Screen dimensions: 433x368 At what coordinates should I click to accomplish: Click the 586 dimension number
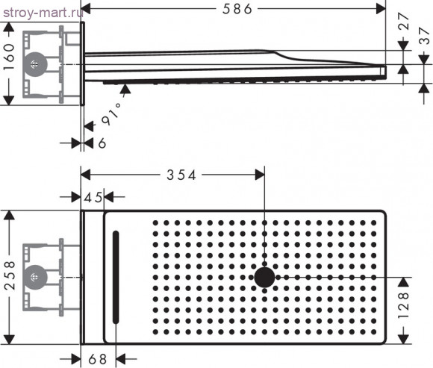click(x=237, y=9)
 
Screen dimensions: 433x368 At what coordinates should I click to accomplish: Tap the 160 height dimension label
click(x=8, y=57)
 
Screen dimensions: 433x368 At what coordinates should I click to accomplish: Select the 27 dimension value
click(x=404, y=21)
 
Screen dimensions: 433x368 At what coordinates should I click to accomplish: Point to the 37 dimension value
click(x=424, y=36)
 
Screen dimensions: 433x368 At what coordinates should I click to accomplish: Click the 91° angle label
click(x=111, y=114)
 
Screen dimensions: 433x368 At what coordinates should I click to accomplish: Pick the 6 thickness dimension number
click(x=102, y=143)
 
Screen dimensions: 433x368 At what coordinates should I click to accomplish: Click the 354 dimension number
click(x=181, y=175)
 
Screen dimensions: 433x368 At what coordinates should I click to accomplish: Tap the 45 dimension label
click(x=93, y=197)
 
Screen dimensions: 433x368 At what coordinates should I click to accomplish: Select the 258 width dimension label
click(x=10, y=275)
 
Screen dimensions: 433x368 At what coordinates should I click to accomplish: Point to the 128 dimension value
click(x=403, y=305)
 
